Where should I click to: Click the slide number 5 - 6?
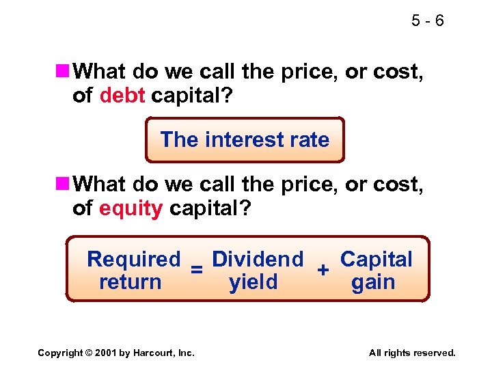(428, 21)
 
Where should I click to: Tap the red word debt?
(122, 96)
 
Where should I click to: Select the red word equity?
(131, 208)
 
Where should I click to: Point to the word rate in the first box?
(309, 140)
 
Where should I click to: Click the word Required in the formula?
(134, 260)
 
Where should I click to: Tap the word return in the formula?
(131, 282)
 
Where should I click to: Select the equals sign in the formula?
(196, 270)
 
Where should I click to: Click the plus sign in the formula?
(325, 270)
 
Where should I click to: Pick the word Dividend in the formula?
(258, 260)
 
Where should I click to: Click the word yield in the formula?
(254, 282)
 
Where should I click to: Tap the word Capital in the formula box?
(377, 260)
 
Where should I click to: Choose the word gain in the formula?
(373, 282)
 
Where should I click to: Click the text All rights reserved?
(412, 353)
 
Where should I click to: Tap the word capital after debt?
(193, 96)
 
